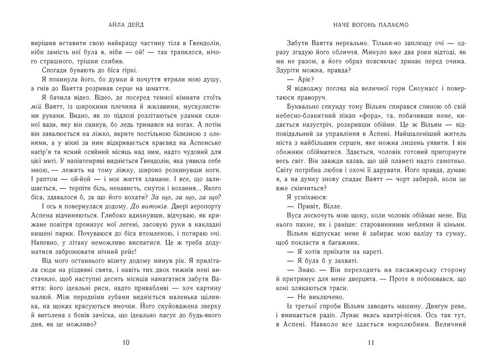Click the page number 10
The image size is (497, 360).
[126, 342]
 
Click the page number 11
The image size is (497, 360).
[371, 342]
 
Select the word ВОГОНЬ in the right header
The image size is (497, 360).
[369, 24]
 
